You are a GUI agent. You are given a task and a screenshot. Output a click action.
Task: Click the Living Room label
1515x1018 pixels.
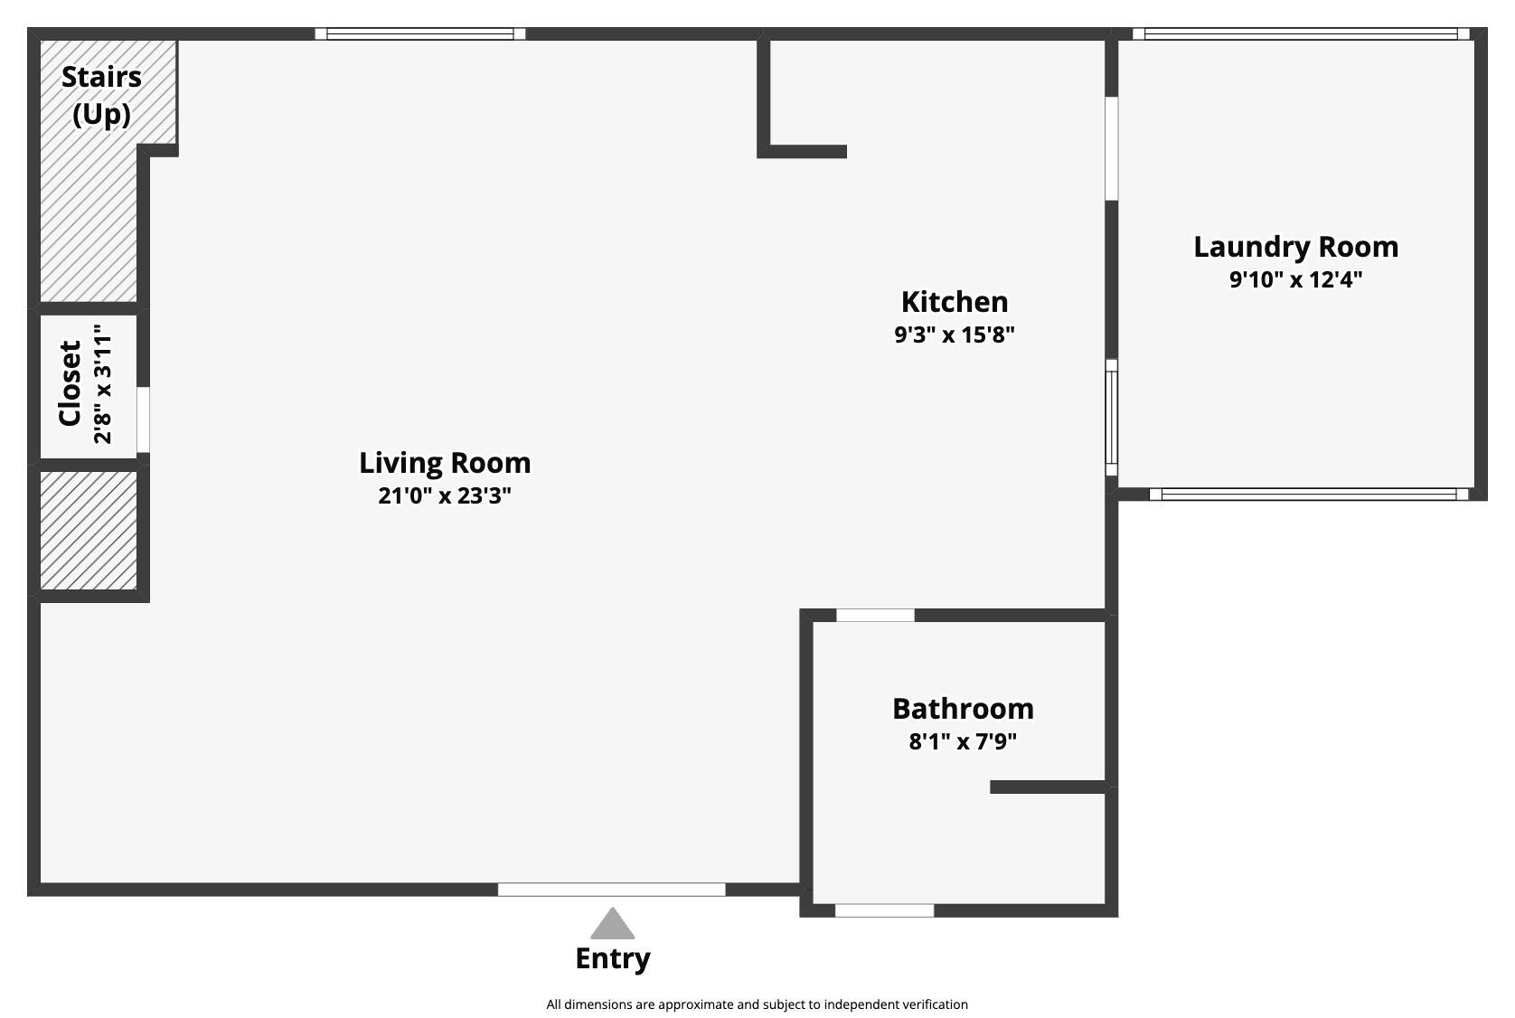[445, 463]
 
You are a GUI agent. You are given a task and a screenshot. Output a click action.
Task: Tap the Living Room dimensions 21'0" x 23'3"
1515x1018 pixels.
[445, 495]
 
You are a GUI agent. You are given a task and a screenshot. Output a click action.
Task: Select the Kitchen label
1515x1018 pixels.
[955, 302]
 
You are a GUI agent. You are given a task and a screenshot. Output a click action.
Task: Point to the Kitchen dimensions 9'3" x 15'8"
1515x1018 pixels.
[955, 335]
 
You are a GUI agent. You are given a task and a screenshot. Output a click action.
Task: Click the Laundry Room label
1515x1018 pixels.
[1295, 247]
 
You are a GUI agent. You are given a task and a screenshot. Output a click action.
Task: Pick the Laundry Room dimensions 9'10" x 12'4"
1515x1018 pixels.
[1295, 279]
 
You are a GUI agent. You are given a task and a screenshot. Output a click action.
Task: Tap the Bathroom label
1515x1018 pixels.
[963, 709]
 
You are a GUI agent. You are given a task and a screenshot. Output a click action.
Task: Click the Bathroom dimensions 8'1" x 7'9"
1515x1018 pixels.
[963, 742]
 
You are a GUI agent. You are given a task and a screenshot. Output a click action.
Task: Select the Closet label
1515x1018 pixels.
[71, 383]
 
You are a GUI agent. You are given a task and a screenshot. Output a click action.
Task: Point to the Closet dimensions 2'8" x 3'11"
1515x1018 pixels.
[103, 383]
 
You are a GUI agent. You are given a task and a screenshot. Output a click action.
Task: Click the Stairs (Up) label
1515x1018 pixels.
[101, 95]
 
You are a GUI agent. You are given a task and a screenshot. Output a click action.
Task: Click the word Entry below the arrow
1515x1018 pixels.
[613, 958]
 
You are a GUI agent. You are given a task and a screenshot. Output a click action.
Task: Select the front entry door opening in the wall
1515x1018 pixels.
[611, 890]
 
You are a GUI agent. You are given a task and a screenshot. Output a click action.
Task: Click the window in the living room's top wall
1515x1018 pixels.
[420, 34]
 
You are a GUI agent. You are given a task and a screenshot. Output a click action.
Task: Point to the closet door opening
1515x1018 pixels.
[143, 419]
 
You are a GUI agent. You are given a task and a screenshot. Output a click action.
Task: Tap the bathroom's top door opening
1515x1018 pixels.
[875, 616]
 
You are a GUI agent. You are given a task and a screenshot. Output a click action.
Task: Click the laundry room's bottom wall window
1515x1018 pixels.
[1308, 495]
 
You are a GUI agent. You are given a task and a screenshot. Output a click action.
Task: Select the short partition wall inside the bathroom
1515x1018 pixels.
[1049, 787]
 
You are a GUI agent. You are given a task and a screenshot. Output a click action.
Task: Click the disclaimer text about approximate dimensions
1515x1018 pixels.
[757, 1004]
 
